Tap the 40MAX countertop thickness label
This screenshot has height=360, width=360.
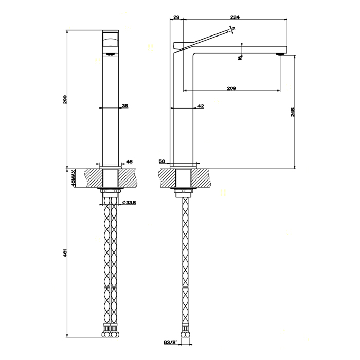coord(75,177)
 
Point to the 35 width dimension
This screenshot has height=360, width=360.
coord(125,105)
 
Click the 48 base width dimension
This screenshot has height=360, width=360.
coord(129,161)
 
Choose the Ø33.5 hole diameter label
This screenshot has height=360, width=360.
coord(129,203)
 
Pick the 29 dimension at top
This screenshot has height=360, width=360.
coord(177,17)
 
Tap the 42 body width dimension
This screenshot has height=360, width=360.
coord(201,105)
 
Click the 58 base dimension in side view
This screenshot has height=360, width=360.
coord(163,161)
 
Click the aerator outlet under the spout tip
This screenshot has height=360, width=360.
coord(280,53)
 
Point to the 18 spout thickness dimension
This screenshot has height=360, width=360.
coord(240,57)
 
